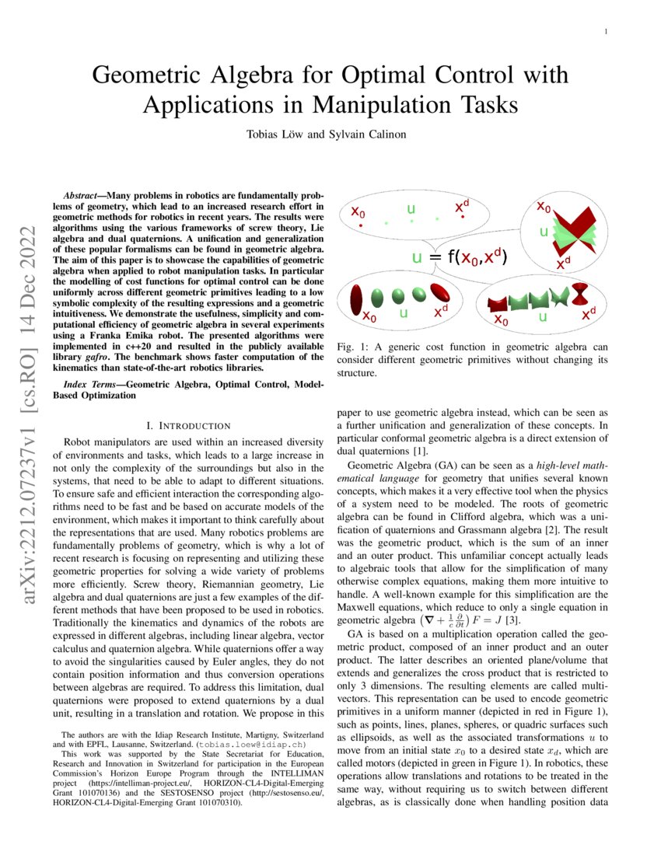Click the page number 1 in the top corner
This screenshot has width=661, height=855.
tap(605, 31)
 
